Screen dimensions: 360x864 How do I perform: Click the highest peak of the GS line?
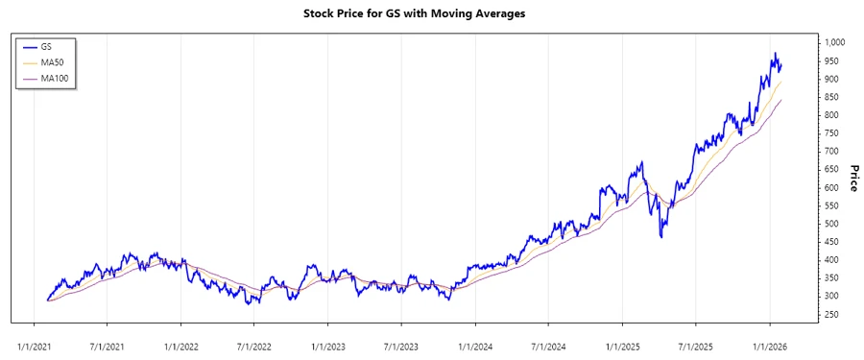coord(775,54)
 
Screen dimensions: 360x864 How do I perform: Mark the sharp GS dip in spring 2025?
coord(661,236)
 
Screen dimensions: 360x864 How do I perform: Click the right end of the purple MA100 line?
coord(781,100)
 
